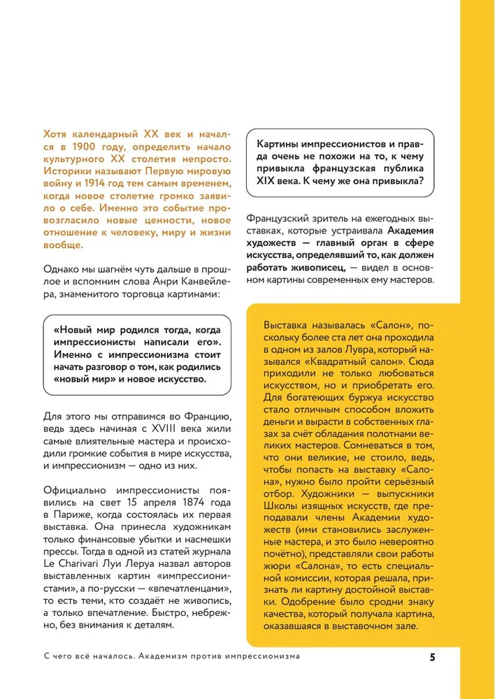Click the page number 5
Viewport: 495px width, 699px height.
point(433,657)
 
